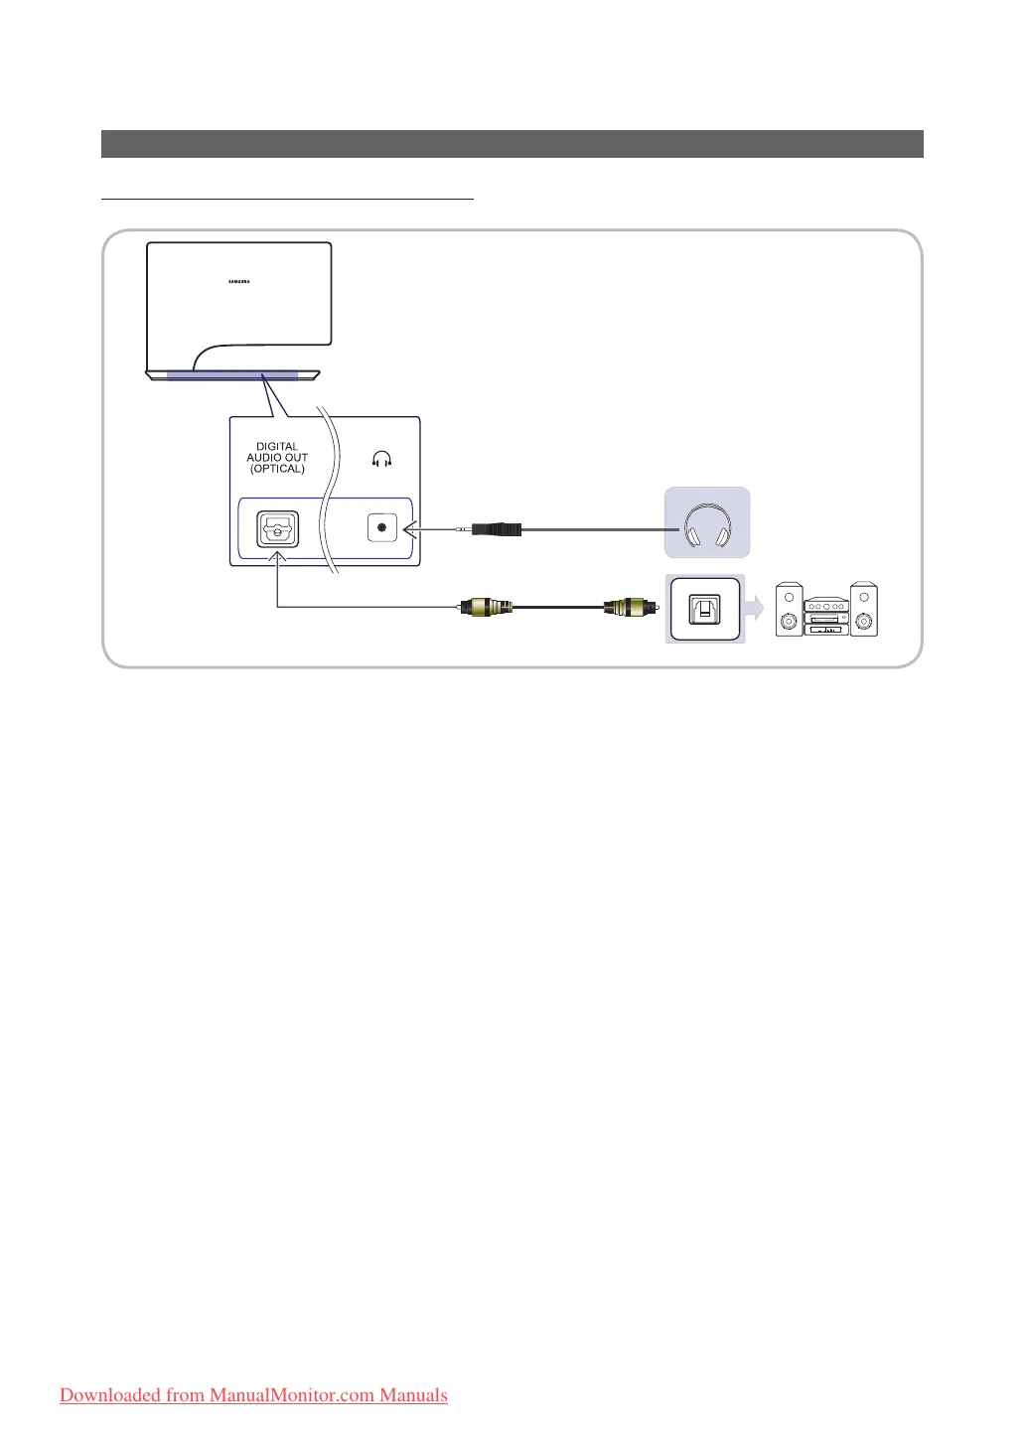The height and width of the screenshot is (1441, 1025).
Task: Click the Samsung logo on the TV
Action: coord(239,280)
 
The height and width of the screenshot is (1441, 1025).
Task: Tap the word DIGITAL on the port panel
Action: coord(277,447)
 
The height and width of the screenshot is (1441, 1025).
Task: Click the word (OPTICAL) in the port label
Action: coord(277,469)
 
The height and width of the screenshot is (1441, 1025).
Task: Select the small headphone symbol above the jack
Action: coord(381,459)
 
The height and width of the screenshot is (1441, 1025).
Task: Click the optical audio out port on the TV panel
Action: coord(277,528)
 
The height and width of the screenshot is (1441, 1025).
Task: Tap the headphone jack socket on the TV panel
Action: coord(381,528)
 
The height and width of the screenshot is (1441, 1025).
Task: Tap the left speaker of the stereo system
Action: coord(790,609)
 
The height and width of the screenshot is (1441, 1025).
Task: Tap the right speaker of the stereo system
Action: coord(864,609)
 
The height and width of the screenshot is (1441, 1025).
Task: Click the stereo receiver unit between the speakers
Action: coord(826,617)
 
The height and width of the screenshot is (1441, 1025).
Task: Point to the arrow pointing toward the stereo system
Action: coord(756,608)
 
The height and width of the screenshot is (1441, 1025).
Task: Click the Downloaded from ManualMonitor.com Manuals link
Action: coord(253,1395)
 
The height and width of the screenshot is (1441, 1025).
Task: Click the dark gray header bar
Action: coord(512,144)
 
